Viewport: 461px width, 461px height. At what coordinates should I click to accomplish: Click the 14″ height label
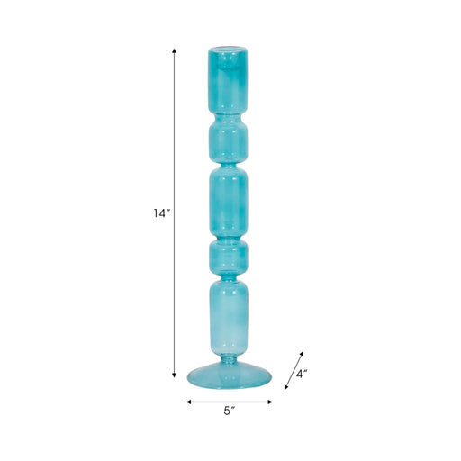pos(159,214)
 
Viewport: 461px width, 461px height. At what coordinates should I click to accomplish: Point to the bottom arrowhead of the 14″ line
pos(174,376)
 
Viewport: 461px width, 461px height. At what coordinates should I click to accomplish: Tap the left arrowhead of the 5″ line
pos(189,402)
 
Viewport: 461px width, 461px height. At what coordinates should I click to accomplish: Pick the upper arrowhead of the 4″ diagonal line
pos(303,352)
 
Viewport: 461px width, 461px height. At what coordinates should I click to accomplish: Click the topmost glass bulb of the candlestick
pos(229,79)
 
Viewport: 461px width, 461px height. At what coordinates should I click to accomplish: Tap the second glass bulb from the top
pos(229,140)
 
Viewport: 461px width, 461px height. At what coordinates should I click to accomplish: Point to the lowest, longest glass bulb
pos(229,315)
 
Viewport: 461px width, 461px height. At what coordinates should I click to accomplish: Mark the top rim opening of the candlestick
pos(229,48)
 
